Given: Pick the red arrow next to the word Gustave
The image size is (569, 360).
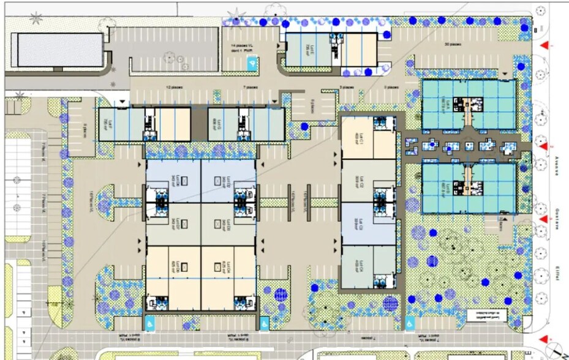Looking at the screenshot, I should tap(543, 219).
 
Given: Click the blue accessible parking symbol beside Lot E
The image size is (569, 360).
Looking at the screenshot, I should tap(251, 62).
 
